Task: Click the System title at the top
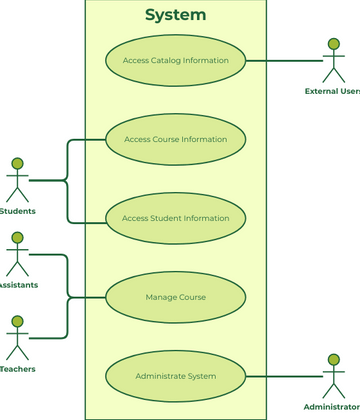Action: click(x=175, y=15)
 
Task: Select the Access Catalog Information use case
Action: click(x=175, y=60)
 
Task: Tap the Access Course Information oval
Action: click(x=175, y=139)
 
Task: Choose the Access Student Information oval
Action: click(x=175, y=218)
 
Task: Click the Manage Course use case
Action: click(x=175, y=297)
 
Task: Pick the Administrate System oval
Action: click(x=175, y=376)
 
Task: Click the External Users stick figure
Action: click(x=333, y=62)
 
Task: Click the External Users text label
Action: click(x=333, y=92)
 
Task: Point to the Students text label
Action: click(x=17, y=211)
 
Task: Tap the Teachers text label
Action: click(x=17, y=369)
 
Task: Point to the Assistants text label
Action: click(x=19, y=285)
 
